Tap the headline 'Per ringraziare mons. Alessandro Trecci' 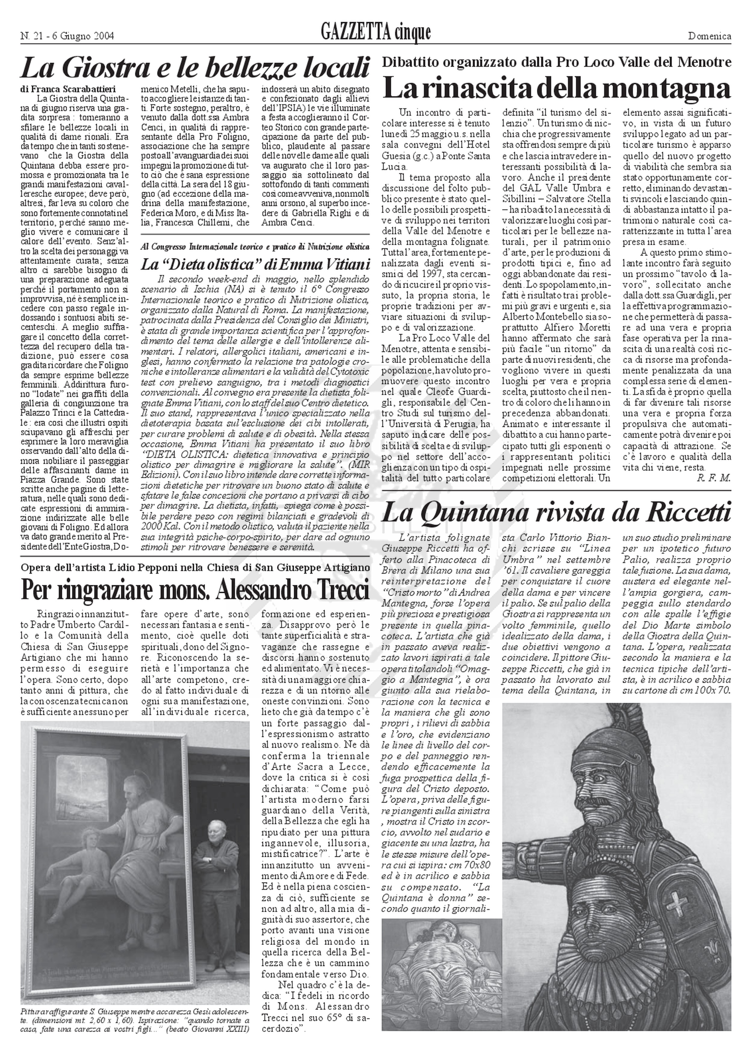pos(195,589)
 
